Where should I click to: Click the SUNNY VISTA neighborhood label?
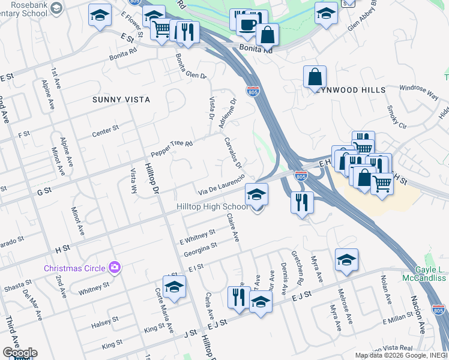coord(121,99)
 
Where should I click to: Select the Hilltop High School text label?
coord(211,207)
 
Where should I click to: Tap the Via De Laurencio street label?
coord(221,185)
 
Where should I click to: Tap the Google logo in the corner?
coord(20,353)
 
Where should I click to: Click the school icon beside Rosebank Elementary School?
coord(56,8)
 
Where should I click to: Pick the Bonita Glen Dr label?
coord(191,68)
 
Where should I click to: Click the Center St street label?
coord(106,128)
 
